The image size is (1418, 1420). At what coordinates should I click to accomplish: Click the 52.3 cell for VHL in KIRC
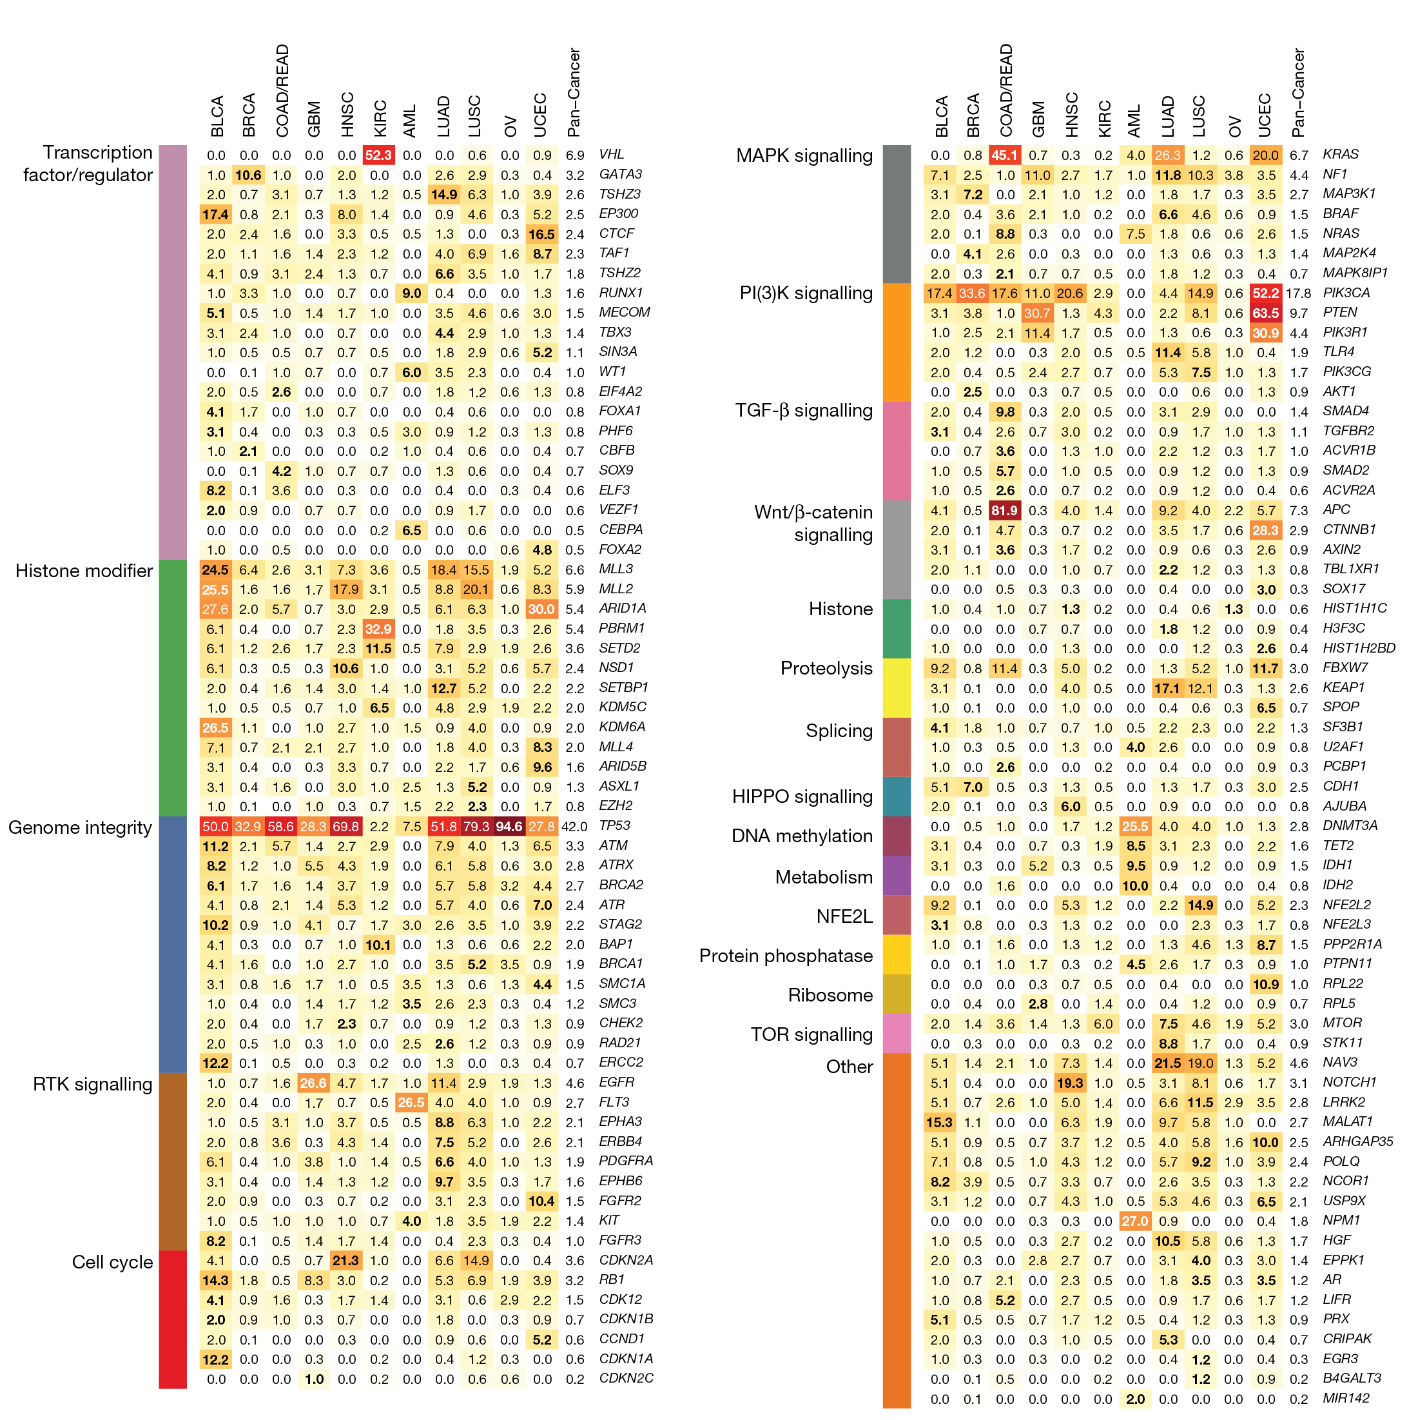[378, 155]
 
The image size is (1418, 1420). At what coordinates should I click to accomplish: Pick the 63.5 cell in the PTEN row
[1265, 313]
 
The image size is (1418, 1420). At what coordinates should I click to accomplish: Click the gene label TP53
[614, 825]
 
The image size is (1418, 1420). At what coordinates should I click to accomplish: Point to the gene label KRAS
[1340, 154]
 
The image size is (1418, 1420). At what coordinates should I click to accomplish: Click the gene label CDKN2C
[626, 1378]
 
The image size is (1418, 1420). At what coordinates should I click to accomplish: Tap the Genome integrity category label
[80, 827]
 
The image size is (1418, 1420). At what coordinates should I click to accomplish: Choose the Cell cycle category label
[112, 1262]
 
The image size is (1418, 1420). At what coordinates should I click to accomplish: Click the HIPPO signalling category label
[802, 796]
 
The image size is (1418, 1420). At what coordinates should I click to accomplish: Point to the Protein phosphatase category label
[786, 956]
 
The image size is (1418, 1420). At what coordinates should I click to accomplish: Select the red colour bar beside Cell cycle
[173, 1319]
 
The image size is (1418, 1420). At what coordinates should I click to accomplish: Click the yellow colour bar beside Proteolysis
[897, 687]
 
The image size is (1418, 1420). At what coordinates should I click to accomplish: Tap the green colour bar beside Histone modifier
[173, 687]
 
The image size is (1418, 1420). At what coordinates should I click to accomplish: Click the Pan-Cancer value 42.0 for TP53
[574, 826]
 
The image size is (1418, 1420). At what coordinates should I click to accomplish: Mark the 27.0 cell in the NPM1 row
[1134, 1221]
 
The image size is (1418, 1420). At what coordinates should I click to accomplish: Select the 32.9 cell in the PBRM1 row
[378, 629]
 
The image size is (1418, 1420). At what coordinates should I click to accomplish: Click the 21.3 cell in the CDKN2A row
[345, 1261]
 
